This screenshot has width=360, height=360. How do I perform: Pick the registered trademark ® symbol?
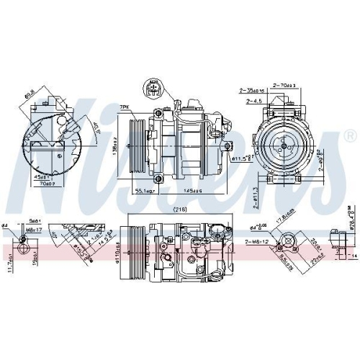click(350, 136)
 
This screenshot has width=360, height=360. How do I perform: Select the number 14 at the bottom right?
click(354, 256)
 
